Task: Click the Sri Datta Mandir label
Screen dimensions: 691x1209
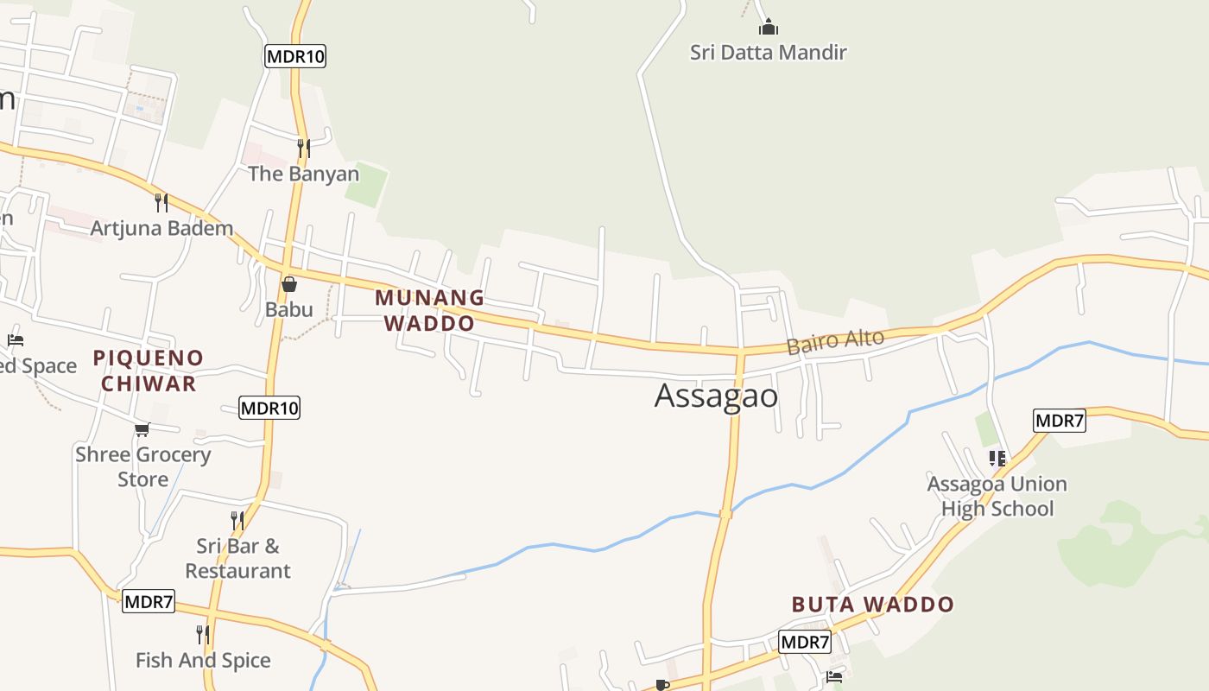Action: coord(768,53)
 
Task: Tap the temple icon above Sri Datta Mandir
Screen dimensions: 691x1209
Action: coord(768,27)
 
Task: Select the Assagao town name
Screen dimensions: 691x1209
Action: coord(716,396)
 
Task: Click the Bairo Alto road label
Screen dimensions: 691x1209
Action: coord(835,341)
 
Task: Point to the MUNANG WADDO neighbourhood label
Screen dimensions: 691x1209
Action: coord(429,310)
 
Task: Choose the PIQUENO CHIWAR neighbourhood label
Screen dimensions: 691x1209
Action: coord(149,371)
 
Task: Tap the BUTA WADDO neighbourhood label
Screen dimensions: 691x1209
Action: coord(872,605)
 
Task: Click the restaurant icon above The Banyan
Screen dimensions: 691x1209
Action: coord(303,149)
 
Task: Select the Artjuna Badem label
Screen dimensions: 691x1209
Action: coord(162,229)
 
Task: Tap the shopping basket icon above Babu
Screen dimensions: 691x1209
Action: coord(289,283)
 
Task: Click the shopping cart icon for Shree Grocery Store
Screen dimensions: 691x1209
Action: coord(142,429)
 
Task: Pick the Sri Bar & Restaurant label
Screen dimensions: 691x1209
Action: coord(237,558)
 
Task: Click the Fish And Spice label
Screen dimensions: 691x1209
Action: coord(203,661)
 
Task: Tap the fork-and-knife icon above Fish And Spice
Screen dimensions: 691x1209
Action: coord(202,635)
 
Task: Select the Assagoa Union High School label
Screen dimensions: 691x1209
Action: coord(997,496)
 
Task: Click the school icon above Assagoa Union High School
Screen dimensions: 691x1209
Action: coord(997,458)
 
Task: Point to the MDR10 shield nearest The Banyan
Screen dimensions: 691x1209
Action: coord(295,57)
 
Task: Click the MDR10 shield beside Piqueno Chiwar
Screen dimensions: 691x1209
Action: coord(269,408)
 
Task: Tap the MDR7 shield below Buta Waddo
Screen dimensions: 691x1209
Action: coord(805,642)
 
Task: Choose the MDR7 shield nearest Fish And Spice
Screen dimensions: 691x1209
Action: coord(149,601)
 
